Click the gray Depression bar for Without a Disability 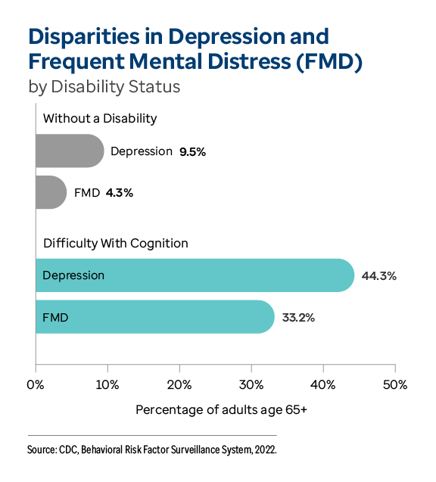coord(69,151)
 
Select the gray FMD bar coord(51,192)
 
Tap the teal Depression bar coord(194,275)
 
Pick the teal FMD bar coord(154,317)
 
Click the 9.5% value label coord(193,151)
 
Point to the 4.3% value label coord(120,193)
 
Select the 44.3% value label coord(379,275)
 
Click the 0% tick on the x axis coord(36,384)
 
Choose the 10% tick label coord(107,384)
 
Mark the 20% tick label coord(179,384)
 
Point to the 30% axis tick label coord(251,384)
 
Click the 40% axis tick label coord(323,384)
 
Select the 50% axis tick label coord(394,384)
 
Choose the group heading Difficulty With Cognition coord(116,243)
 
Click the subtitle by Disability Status coord(104,86)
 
